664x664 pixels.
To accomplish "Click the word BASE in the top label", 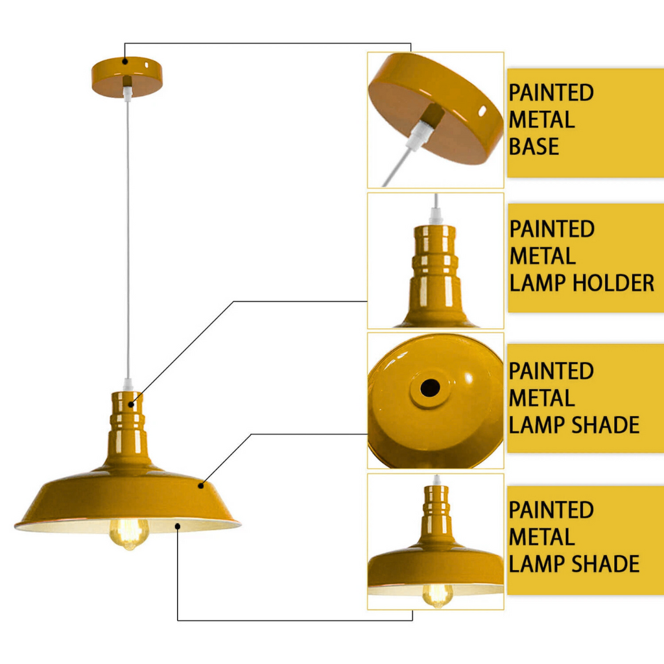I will pos(534,147).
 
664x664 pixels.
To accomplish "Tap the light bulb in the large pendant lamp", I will pos(128,532).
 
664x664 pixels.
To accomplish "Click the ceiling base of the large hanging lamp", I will pos(127,77).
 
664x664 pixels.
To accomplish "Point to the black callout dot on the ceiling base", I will pos(124,61).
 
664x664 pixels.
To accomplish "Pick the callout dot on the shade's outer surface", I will pos(201,484).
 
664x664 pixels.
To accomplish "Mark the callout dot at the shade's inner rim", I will pos(178,527).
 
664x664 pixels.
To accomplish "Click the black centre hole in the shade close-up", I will pos(429,388).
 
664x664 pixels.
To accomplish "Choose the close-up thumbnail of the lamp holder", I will pos(436,261).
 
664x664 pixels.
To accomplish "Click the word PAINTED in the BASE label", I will pos(551,93).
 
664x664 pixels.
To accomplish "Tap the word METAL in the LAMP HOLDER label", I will pos(542,256).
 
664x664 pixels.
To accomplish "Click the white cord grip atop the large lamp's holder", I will pos(128,385).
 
